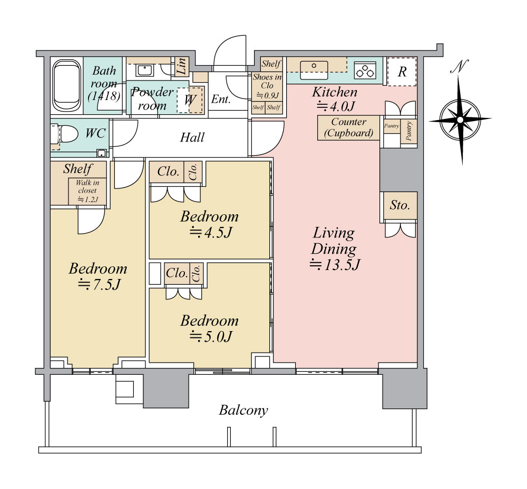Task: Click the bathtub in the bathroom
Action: click(67, 86)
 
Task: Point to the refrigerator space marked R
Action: click(402, 72)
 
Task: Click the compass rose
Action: click(460, 119)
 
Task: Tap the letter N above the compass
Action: click(460, 66)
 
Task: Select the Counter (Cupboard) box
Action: click(348, 128)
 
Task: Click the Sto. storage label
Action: click(399, 205)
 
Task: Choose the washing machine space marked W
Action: click(190, 99)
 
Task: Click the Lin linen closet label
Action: click(181, 66)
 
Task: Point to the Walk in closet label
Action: click(87, 191)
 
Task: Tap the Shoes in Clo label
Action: click(267, 82)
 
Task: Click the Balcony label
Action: click(243, 410)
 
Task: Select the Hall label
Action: click(192, 137)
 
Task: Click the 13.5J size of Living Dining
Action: click(335, 265)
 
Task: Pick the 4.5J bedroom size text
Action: click(211, 232)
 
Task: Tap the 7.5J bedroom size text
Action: click(99, 285)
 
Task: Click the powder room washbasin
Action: click(145, 71)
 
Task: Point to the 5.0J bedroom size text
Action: click(211, 337)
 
